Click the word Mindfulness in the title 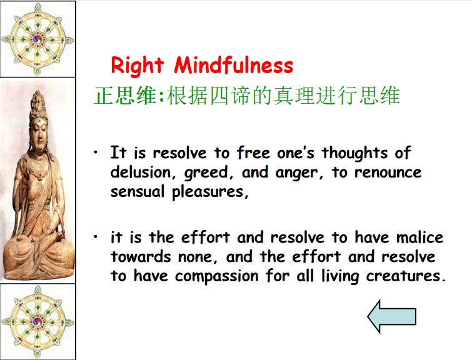click(x=234, y=64)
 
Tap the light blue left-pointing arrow click(x=391, y=316)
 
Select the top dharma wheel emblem click(x=38, y=39)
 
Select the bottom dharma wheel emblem click(x=38, y=322)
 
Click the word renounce click(x=388, y=172)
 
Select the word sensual click(x=138, y=191)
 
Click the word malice click(x=419, y=237)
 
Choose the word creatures click(x=406, y=276)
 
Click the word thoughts click(x=354, y=153)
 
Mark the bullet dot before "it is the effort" click(x=96, y=237)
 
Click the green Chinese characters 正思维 click(x=126, y=96)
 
